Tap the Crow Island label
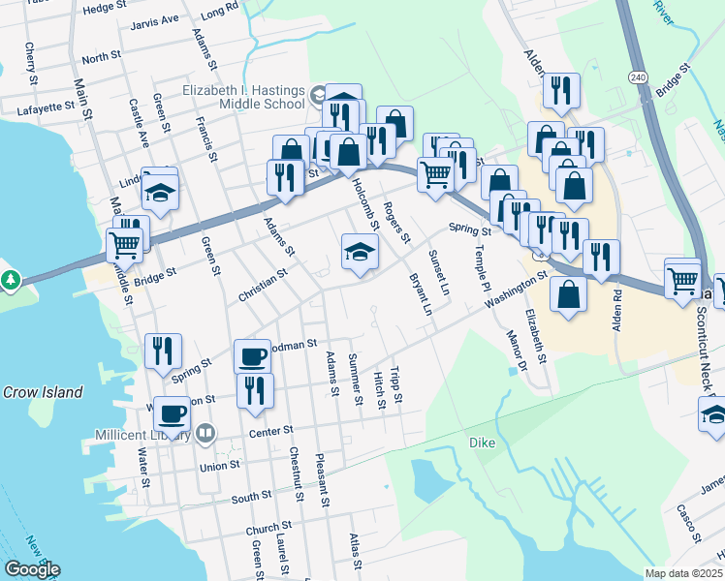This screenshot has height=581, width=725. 42,392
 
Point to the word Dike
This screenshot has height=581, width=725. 482,442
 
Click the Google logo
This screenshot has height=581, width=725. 32,569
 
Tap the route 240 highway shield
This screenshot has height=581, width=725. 637,76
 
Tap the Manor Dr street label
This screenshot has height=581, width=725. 516,352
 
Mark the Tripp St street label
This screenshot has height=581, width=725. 396,385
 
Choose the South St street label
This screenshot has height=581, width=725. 251,499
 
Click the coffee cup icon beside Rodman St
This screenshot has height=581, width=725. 253,356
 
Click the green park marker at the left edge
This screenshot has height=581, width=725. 11,281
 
